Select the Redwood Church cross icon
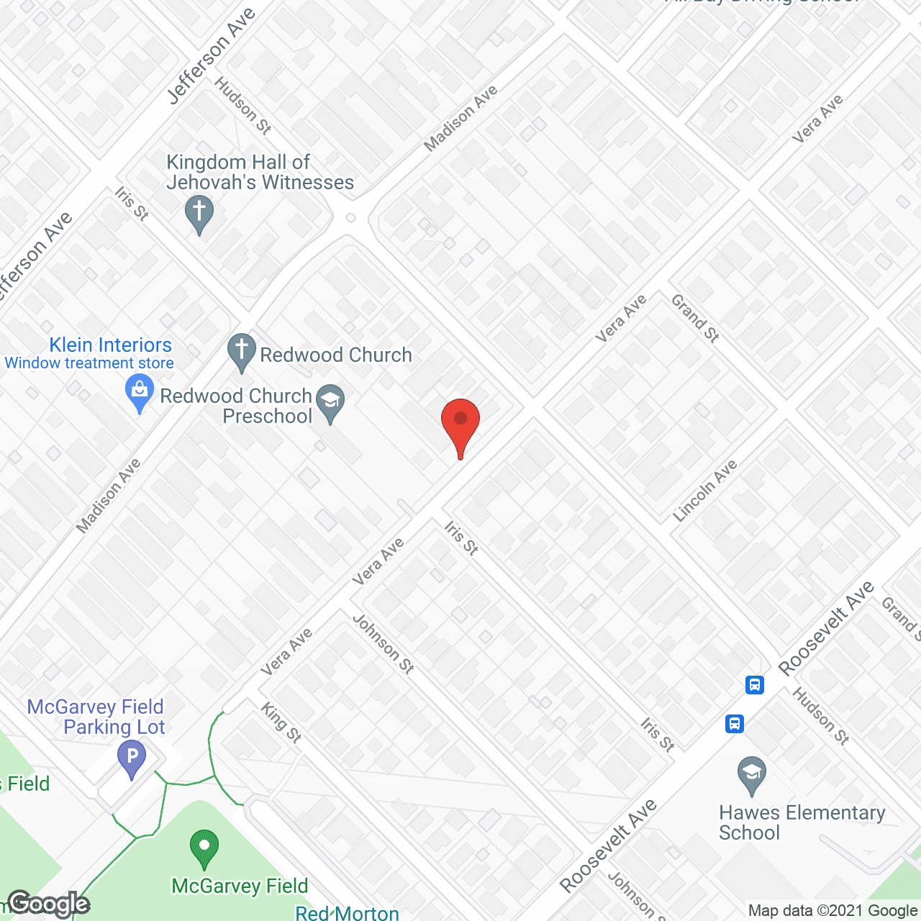click(x=242, y=352)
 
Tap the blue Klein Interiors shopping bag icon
click(x=140, y=394)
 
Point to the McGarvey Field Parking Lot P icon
click(x=132, y=758)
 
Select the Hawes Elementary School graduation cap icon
click(x=752, y=775)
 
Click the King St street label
click(x=281, y=722)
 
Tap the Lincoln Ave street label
click(x=705, y=490)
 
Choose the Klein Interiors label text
click(x=111, y=345)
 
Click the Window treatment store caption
click(x=89, y=363)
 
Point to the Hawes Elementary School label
click(x=802, y=822)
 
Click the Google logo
click(x=49, y=904)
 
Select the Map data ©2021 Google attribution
click(x=832, y=911)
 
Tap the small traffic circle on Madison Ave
click(x=350, y=217)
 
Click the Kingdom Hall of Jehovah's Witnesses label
click(x=260, y=173)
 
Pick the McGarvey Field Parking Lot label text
click(x=96, y=717)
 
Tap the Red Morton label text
click(x=347, y=913)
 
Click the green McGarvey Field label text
click(x=240, y=886)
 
